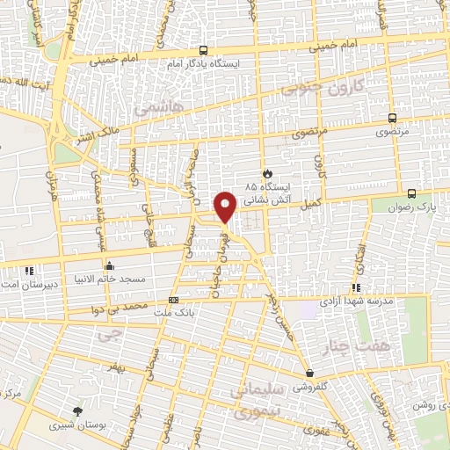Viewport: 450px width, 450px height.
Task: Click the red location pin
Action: pos(226,206)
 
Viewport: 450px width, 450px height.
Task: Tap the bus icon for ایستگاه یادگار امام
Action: pos(204,51)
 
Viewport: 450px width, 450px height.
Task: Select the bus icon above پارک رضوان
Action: pos(411,193)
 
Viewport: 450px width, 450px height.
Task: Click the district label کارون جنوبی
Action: pos(316,90)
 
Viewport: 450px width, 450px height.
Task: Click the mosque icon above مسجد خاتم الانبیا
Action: pos(109,265)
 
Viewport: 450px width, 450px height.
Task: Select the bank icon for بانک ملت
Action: pos(172,300)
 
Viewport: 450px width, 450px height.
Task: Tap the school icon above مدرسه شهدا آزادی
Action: pos(355,287)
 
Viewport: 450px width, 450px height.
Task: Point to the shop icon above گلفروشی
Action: pos(310,372)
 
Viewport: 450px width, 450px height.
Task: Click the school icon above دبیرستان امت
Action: pos(29,271)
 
